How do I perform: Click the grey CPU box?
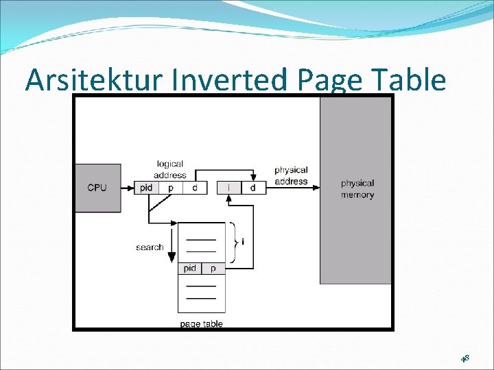[x=97, y=188]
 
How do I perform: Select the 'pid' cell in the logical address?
[x=146, y=187]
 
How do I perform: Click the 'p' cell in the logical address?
[x=171, y=187]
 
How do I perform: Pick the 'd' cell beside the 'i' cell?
[x=253, y=187]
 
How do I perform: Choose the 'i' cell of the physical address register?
[x=228, y=187]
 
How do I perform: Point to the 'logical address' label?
[x=170, y=169]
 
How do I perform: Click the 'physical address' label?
[x=291, y=175]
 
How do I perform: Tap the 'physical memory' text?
[x=357, y=188]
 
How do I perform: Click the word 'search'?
[x=150, y=247]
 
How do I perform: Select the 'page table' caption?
[x=201, y=323]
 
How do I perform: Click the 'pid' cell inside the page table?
[x=190, y=269]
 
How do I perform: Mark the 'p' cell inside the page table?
[x=213, y=269]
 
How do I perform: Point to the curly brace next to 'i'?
[x=235, y=242]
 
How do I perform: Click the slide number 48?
[x=464, y=358]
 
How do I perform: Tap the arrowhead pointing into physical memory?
[x=316, y=182]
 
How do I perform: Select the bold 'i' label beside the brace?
[x=244, y=242]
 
